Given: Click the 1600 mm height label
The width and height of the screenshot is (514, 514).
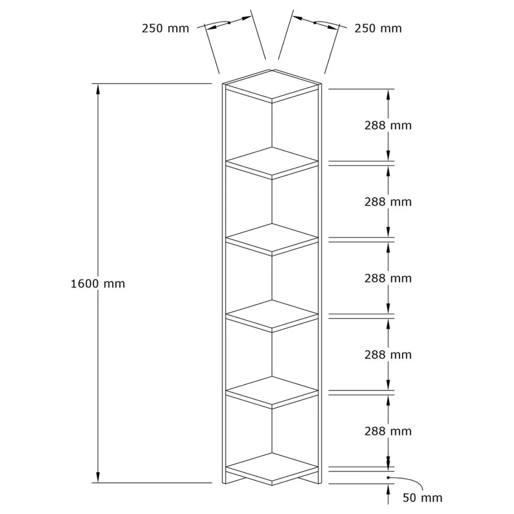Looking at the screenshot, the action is click(x=98, y=284).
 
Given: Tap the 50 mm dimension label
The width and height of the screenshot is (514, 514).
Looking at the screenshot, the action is click(x=423, y=498).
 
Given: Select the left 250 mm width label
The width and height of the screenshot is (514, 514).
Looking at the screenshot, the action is click(x=166, y=28).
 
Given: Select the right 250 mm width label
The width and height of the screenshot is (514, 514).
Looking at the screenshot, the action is click(x=378, y=28).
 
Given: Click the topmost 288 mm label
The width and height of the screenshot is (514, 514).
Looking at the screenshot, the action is click(x=388, y=125).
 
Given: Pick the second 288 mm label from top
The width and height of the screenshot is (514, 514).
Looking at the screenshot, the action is click(x=388, y=202).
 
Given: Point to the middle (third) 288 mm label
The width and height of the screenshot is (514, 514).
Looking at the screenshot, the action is click(x=388, y=278).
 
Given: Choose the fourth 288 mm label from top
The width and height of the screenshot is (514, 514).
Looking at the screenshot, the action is click(x=388, y=354).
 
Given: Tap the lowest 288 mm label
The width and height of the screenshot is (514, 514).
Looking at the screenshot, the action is click(x=388, y=431).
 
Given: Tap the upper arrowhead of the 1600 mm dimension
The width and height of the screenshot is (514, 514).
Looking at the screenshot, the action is click(x=97, y=89).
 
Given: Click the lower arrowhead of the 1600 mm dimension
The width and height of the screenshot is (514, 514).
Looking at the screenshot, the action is click(x=97, y=477).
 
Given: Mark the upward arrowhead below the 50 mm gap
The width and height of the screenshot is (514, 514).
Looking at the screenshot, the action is click(x=388, y=490).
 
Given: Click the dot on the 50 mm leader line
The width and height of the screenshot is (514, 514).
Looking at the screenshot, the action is click(x=388, y=477).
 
